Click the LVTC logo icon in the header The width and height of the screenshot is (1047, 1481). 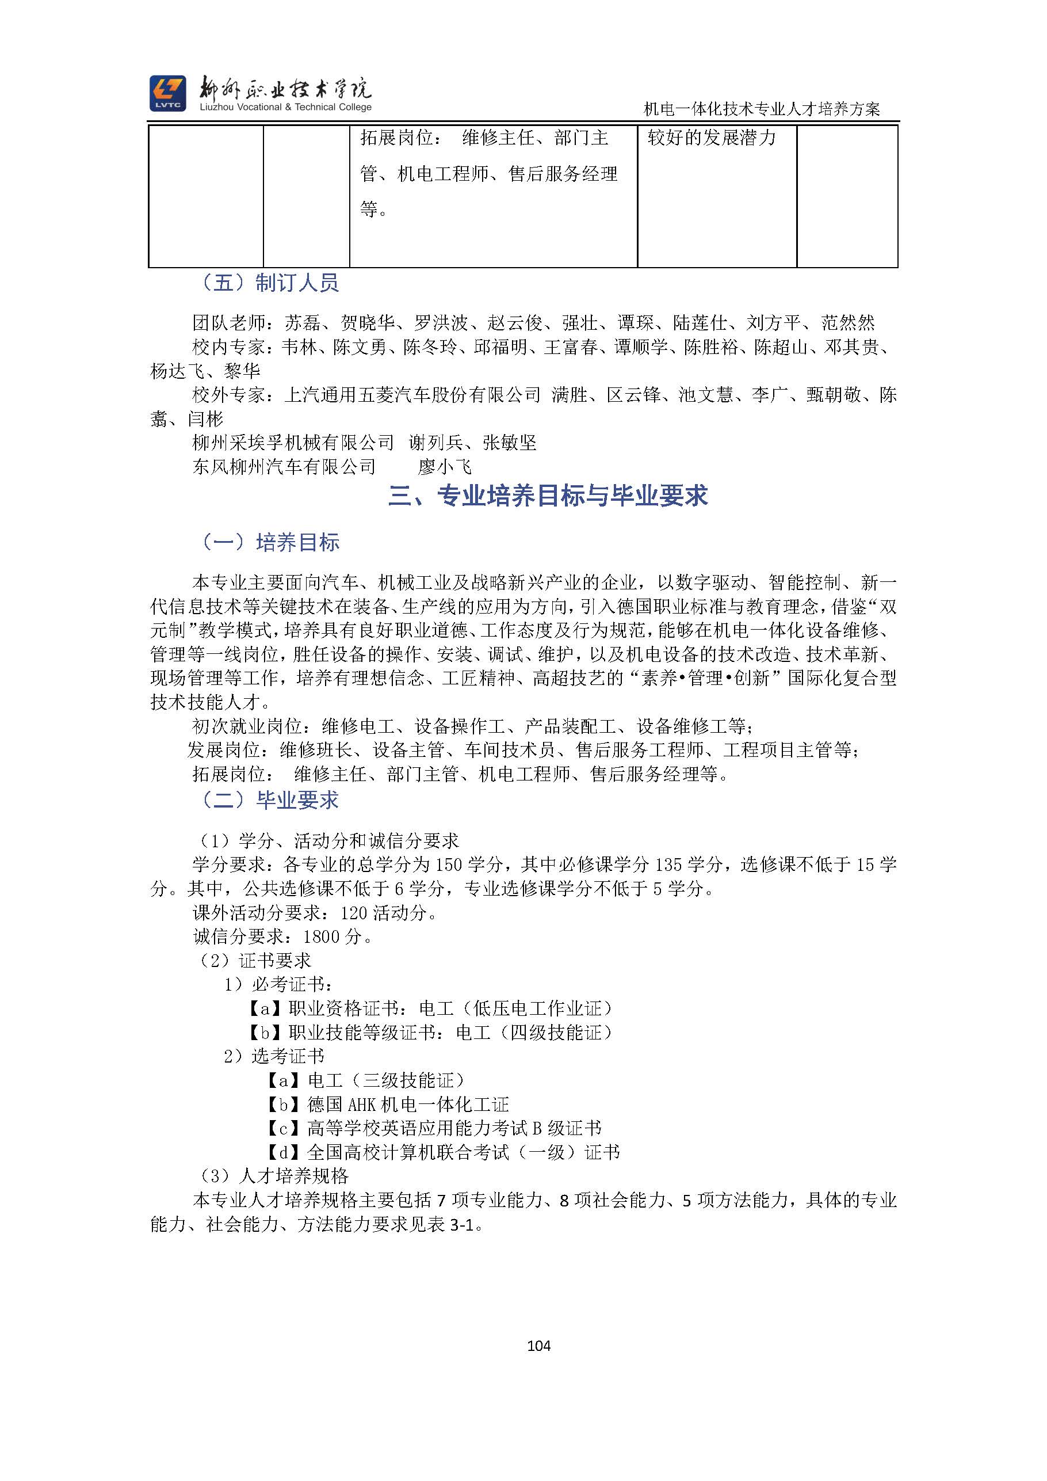point(167,93)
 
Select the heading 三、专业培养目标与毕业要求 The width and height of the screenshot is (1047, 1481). point(548,496)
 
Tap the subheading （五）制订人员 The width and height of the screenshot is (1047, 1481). point(269,283)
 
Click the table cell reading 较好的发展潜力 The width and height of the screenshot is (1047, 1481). point(712,138)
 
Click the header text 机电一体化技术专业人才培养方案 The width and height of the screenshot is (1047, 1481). point(762,109)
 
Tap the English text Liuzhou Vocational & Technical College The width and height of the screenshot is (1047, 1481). point(285,108)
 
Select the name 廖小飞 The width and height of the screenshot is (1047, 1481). point(444,466)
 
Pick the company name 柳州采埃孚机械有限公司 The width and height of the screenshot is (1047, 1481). point(293,443)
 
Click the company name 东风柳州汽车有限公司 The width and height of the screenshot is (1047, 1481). point(284,466)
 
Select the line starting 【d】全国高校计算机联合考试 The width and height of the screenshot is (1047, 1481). point(443,1152)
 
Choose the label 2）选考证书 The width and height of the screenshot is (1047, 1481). point(274,1056)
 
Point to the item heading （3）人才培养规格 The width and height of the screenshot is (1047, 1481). point(274,1176)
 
